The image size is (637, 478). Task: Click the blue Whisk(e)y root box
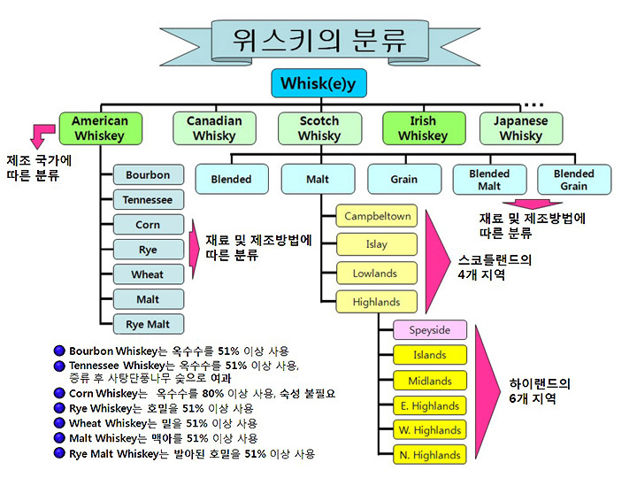(318, 83)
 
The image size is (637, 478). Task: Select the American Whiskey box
(101, 128)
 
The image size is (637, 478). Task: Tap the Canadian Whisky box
(214, 128)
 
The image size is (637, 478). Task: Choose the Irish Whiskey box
(424, 128)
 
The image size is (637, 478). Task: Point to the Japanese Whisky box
(521, 128)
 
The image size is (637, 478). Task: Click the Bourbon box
(149, 174)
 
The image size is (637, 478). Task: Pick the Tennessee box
(149, 199)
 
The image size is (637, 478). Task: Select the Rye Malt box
(149, 324)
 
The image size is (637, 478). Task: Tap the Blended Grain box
(574, 179)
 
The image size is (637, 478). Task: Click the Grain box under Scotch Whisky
(404, 179)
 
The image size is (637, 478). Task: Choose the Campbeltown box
(377, 216)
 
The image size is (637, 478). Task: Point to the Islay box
(377, 244)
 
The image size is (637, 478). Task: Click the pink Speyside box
(430, 330)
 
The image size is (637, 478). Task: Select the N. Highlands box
(430, 454)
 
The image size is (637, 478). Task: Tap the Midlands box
(430, 381)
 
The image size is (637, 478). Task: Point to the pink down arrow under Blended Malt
(533, 204)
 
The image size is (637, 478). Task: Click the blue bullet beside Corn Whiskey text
(59, 393)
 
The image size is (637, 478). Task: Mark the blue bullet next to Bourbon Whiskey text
(59, 351)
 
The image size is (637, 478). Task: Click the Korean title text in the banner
(319, 41)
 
